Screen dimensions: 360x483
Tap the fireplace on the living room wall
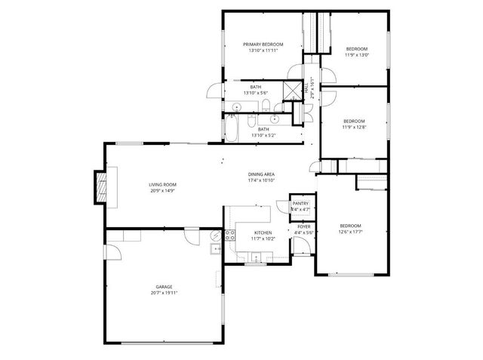(x=99, y=186)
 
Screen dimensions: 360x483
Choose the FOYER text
(x=303, y=226)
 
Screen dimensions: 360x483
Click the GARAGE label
(x=164, y=287)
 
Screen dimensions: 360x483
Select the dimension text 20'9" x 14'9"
(x=162, y=190)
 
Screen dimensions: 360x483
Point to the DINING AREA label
(x=261, y=174)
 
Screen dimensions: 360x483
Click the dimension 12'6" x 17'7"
(x=349, y=232)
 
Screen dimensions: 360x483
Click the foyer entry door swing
(x=300, y=248)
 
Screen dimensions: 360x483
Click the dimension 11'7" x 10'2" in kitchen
(x=263, y=238)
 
